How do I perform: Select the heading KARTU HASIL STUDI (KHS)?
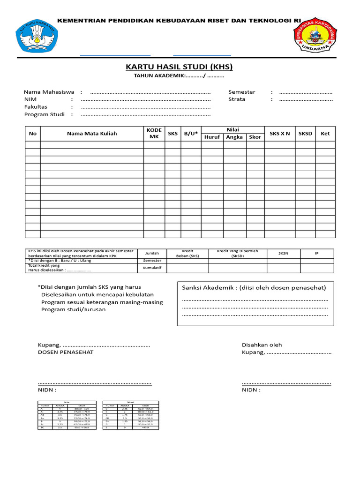click(180, 67)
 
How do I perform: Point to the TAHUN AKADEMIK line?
click(179, 76)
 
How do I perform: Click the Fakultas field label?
click(36, 107)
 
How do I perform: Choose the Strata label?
click(237, 99)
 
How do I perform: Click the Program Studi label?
click(45, 114)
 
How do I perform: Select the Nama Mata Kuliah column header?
click(92, 134)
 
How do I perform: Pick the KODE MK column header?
click(154, 134)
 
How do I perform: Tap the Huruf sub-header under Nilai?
click(212, 137)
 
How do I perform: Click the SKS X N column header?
click(280, 134)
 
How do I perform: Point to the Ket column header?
click(325, 134)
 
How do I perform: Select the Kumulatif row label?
click(152, 268)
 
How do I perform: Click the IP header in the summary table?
click(317, 253)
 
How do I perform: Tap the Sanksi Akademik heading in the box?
click(254, 287)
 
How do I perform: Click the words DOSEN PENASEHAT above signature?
click(66, 352)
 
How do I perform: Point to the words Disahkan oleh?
click(262, 345)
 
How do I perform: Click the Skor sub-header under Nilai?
click(255, 137)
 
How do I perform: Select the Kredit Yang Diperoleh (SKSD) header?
click(237, 253)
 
